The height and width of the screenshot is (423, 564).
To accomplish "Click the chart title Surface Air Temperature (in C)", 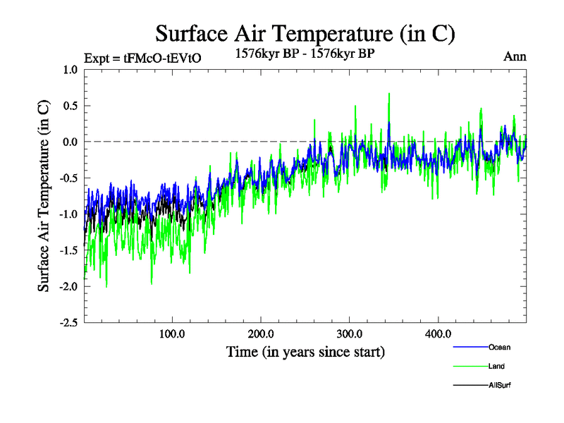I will [305, 33].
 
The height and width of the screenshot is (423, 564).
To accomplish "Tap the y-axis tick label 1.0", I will [70, 70].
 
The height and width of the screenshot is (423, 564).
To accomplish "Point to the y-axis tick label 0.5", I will [70, 106].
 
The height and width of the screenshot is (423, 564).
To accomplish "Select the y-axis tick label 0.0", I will [70, 142].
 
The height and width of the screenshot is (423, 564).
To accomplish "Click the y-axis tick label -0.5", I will [68, 178].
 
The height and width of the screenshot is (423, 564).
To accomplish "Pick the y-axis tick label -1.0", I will [68, 214].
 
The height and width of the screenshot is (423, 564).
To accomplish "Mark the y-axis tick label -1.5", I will [68, 250].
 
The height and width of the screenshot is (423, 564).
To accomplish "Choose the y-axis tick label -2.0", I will [68, 286].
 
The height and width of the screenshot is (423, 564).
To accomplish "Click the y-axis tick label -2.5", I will [68, 322].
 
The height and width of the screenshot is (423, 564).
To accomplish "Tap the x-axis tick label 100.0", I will [173, 333].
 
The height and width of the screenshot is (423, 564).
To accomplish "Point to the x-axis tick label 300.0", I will [350, 333].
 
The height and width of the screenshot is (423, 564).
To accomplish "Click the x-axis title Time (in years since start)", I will [305, 351].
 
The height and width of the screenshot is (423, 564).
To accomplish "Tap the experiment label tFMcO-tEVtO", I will [142, 59].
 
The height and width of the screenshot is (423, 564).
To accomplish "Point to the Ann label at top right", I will [515, 56].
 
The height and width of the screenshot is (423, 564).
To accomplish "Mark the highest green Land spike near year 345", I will [389, 94].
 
